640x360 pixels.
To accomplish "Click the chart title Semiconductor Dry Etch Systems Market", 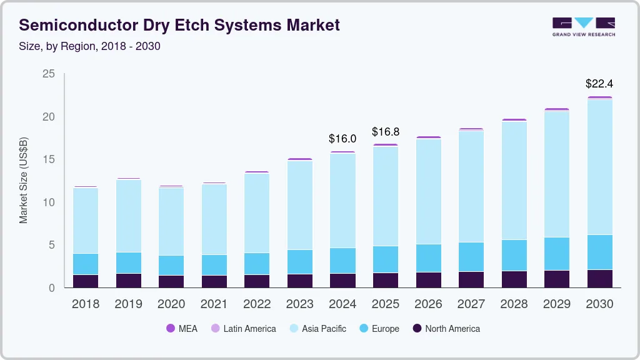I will point(179,25).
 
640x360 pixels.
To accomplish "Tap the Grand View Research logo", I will point(583,26).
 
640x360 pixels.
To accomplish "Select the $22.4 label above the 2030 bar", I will point(599,83).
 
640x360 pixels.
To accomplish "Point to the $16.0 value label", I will point(342,139).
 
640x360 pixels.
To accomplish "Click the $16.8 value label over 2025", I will point(385,132).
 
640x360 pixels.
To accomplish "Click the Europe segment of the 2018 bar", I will point(86,264).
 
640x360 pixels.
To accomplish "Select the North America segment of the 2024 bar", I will point(342,280).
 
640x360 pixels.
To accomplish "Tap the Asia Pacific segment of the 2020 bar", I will point(171,221).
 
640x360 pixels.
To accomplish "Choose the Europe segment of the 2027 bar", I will point(471,257).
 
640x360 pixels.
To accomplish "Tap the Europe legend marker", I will point(363,328).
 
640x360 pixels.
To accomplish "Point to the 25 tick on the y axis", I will point(48,74).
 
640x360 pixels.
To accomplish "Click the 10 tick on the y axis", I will point(48,202).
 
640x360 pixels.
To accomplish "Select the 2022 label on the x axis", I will point(257,304).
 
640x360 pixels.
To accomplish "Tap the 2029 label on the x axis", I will point(556,304).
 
